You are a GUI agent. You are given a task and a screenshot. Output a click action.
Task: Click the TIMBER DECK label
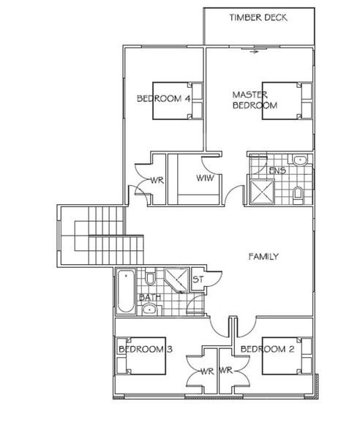[258, 18]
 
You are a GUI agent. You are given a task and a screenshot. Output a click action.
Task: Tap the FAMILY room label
[263, 257]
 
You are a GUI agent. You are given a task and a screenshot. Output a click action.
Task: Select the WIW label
[205, 178]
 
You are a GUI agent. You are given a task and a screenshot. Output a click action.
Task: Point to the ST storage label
[198, 279]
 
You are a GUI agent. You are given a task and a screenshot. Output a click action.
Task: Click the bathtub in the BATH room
[126, 291]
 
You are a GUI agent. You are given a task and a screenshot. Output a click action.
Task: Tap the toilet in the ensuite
[297, 194]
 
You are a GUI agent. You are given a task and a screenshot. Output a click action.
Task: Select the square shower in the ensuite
[262, 192]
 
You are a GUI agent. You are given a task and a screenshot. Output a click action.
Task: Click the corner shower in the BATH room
[176, 280]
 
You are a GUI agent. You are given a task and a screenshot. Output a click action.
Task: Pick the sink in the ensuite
[300, 160]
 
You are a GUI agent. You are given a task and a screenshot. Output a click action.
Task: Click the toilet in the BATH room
[150, 277]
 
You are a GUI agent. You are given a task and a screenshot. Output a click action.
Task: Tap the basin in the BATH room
[149, 309]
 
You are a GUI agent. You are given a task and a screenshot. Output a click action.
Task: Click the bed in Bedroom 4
[178, 101]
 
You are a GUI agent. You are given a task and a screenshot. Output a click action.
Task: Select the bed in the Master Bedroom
[287, 101]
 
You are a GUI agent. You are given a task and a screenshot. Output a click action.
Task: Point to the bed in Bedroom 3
[141, 356]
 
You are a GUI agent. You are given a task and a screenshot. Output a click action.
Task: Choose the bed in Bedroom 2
[287, 356]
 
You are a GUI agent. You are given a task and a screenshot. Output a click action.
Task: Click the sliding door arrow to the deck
[254, 51]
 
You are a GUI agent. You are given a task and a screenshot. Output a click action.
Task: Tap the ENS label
[277, 170]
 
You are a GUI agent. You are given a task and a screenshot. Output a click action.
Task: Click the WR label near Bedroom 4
[157, 180]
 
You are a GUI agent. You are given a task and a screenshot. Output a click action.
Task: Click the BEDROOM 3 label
[146, 349]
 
